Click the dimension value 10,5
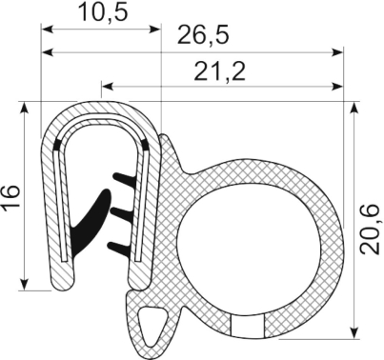click(101, 12)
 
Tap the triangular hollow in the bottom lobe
click(151, 326)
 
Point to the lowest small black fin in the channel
click(121, 246)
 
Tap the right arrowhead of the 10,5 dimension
click(158, 27)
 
